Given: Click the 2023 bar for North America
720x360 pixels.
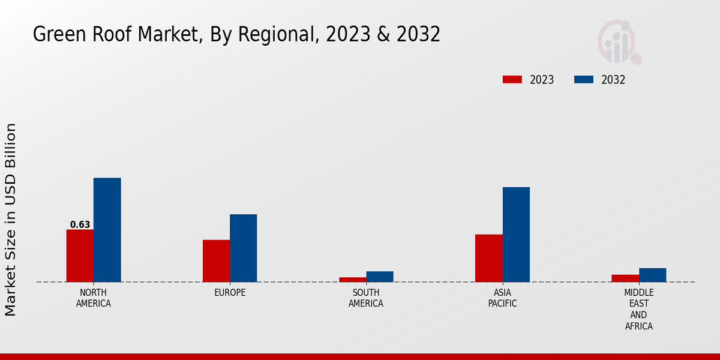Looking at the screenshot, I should (80, 256).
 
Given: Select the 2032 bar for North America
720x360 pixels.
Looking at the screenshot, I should (107, 230).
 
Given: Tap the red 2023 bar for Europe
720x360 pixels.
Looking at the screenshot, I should (216, 261).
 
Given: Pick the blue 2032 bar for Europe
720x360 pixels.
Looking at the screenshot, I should (243, 248).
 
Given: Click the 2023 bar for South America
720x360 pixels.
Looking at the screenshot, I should (352, 280).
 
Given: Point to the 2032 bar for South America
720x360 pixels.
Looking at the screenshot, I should (380, 277).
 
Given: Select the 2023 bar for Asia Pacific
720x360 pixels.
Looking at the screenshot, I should (488, 258).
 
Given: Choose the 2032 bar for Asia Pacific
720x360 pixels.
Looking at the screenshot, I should (516, 235).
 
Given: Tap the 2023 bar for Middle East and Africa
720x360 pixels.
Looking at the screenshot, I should (625, 278).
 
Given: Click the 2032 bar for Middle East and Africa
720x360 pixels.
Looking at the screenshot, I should (652, 275).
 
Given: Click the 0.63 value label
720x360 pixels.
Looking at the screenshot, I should (80, 225).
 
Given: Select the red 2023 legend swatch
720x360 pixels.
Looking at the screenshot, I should (512, 80).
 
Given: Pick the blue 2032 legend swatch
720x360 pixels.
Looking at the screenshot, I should (584, 80).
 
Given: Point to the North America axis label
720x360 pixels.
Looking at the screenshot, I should (94, 298).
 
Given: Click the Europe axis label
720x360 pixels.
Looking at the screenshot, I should (230, 293).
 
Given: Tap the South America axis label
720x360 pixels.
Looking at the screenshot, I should (366, 298).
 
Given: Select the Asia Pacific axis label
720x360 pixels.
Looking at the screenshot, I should (502, 298).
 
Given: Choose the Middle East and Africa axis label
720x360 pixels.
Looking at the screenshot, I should (638, 310).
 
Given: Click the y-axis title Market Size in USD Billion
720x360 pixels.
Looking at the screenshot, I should (11, 220).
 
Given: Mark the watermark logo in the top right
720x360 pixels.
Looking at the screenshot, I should (619, 42).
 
